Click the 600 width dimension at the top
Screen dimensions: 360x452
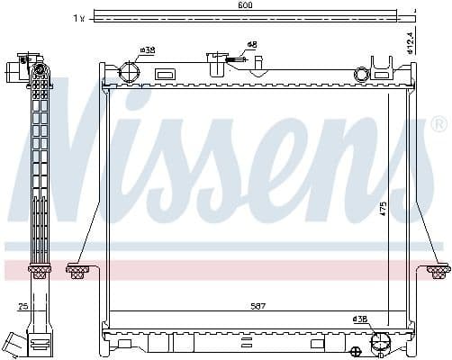click(246, 5)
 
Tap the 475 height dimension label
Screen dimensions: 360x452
click(384, 209)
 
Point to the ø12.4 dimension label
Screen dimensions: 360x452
click(410, 41)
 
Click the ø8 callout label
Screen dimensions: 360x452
click(252, 44)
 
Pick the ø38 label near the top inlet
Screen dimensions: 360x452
click(147, 50)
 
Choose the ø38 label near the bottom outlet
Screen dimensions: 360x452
click(359, 319)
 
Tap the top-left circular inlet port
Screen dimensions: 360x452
click(131, 71)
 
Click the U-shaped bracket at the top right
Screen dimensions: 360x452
click(383, 65)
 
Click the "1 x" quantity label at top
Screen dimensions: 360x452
click(79, 17)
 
